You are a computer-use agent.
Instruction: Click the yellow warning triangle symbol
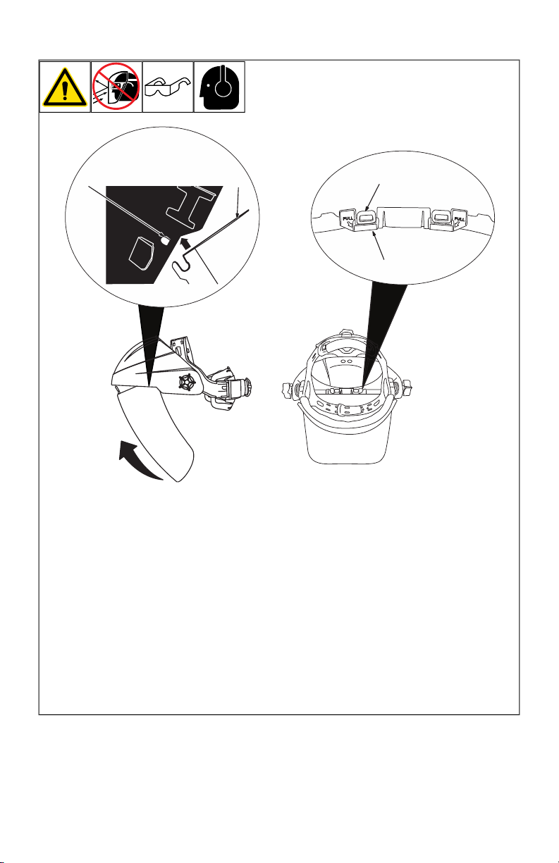point(65,88)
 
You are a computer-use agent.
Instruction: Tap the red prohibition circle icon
point(116,86)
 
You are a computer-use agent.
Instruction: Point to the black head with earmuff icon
point(219,87)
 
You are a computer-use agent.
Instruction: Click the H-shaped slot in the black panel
point(190,205)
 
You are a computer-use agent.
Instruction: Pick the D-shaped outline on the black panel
point(141,253)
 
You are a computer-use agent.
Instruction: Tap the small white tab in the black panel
point(165,240)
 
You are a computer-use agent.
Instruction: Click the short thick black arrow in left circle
point(185,244)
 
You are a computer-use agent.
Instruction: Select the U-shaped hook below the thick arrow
point(180,268)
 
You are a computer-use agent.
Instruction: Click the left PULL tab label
point(348,220)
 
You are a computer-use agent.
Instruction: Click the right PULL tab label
point(459,220)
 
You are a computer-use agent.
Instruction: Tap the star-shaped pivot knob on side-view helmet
point(187,383)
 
